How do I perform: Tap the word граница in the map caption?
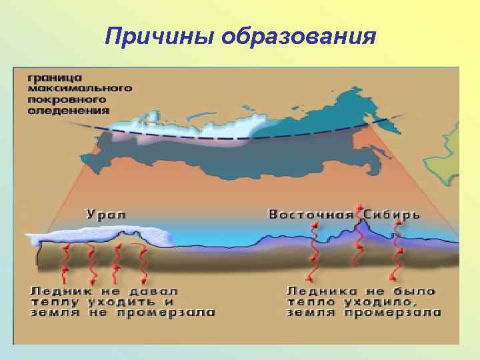click(55, 78)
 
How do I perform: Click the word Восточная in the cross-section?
click(311, 214)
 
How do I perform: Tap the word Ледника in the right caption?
click(322, 291)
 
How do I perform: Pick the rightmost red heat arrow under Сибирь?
click(397, 253)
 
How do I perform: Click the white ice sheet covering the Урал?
click(100, 234)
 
